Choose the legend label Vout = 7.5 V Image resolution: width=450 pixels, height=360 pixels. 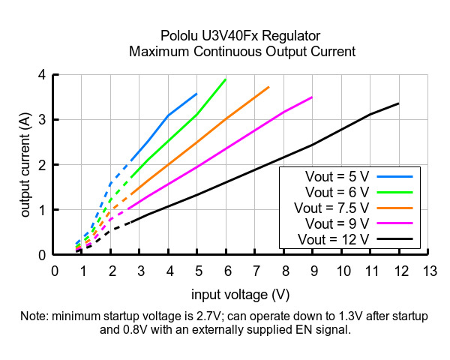click(x=332, y=207)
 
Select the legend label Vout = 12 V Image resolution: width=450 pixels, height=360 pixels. click(x=334, y=239)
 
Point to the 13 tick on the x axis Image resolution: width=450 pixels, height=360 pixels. click(x=429, y=269)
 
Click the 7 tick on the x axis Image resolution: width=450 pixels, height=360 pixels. click(x=256, y=269)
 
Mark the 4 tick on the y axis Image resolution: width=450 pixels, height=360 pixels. click(x=41, y=75)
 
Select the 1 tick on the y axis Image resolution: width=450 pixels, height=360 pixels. click(x=41, y=210)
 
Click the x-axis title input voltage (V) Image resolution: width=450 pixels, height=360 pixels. click(x=240, y=294)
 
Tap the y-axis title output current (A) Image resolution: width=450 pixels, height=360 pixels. click(x=25, y=165)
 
